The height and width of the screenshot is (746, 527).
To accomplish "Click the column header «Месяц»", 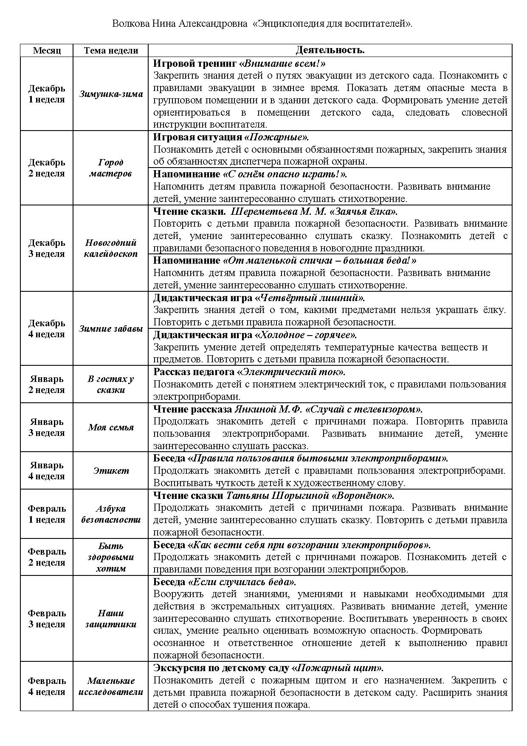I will tap(47, 50).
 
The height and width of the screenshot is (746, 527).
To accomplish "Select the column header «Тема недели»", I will tap(111, 50).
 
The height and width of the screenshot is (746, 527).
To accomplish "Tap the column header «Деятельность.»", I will tap(330, 50).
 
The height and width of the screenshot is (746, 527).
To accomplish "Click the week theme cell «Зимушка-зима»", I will tap(111, 94).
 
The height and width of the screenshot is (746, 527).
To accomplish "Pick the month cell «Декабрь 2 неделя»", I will tap(47, 168).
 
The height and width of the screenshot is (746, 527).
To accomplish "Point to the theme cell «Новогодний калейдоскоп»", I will tap(111, 248).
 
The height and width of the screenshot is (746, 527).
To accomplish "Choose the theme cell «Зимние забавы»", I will tap(111, 329).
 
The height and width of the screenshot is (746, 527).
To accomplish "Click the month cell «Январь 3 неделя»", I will tap(47, 427).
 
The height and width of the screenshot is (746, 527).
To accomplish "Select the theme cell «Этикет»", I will tap(111, 471).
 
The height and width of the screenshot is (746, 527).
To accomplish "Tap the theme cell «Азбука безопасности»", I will tap(111, 514).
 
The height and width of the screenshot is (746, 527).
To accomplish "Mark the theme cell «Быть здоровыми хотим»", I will tap(111, 557).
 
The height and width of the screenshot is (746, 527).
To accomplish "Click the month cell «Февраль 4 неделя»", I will tap(47, 686).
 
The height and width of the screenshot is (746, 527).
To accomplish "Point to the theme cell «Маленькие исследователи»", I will tap(111, 686).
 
